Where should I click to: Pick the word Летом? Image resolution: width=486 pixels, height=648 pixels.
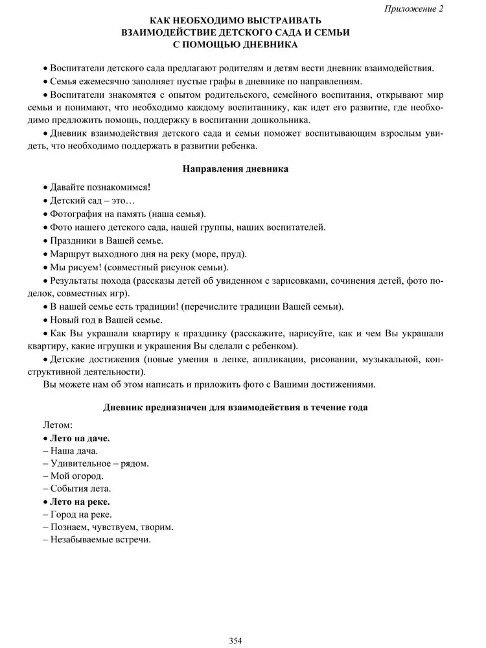[x=58, y=425]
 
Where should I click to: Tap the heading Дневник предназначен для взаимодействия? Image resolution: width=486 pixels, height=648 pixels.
[x=235, y=408]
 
